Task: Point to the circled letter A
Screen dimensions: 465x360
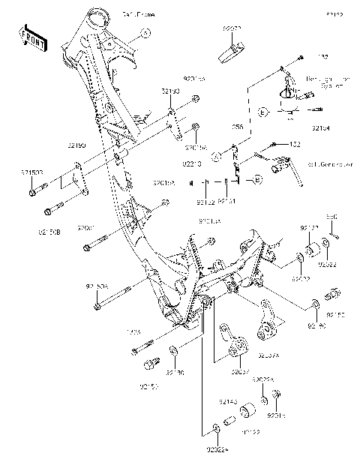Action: pyautogui.click(x=214, y=156)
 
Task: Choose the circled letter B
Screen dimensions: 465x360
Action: pyautogui.click(x=256, y=180)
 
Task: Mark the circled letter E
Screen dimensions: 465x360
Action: pyautogui.click(x=262, y=112)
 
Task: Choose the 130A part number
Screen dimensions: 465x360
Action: pyautogui.click(x=133, y=332)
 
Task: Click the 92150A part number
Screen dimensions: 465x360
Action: pyautogui.click(x=96, y=286)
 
